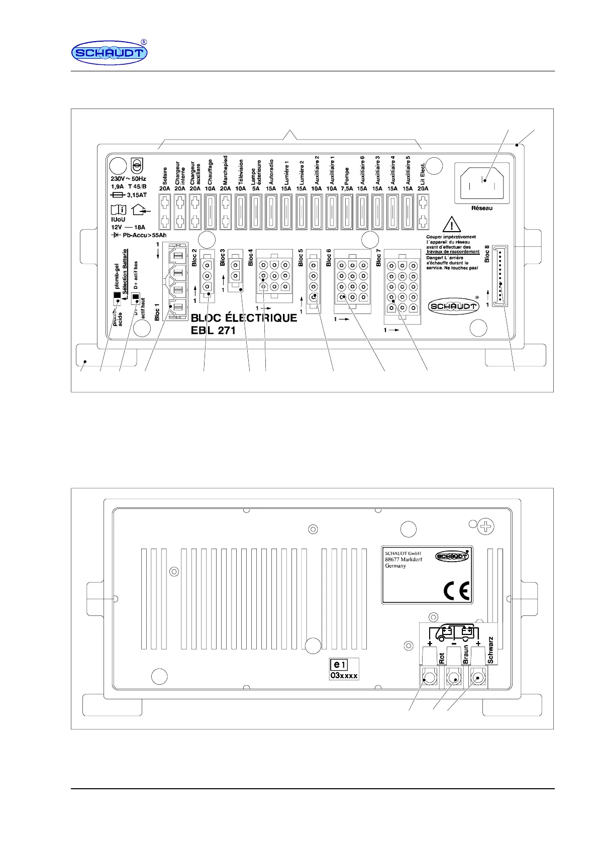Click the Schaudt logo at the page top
(x=109, y=53)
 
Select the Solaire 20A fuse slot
(x=165, y=211)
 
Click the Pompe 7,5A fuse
(x=347, y=211)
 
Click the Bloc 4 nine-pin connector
(x=274, y=275)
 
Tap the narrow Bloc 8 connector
(x=500, y=276)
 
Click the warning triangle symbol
(x=452, y=225)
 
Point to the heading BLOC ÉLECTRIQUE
(x=244, y=318)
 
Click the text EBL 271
(x=213, y=331)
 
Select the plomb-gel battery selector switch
(x=117, y=295)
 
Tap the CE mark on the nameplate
(x=456, y=591)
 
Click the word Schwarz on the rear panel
(x=491, y=650)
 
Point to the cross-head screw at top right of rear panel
(x=486, y=526)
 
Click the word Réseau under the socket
(x=482, y=208)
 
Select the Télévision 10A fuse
(x=241, y=211)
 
